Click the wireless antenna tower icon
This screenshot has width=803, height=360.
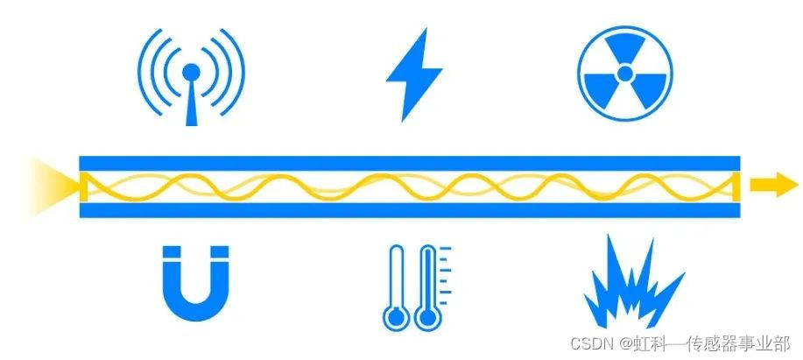191,77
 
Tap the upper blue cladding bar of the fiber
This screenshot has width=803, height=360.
410,164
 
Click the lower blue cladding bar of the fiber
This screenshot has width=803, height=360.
410,210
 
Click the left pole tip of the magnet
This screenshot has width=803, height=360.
171,255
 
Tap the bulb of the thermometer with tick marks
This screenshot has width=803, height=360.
428,316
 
